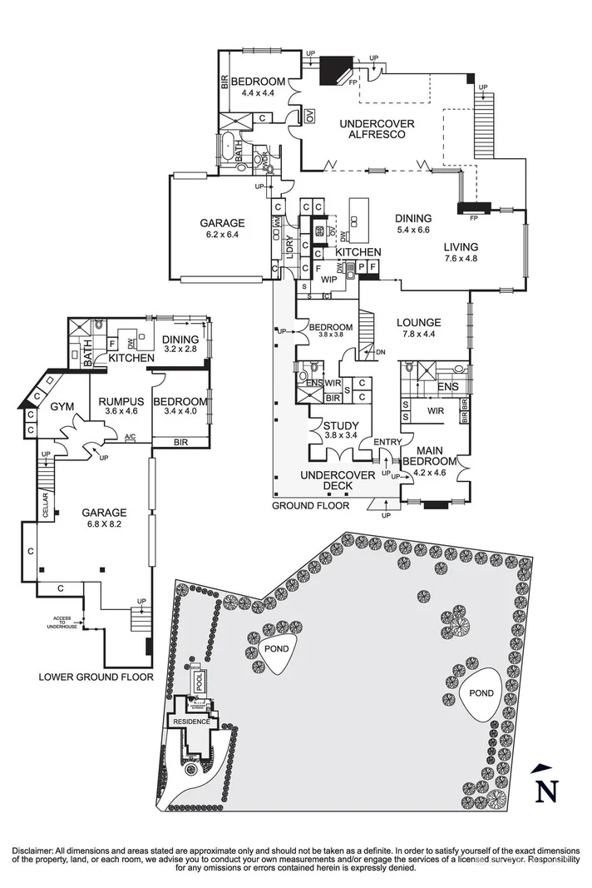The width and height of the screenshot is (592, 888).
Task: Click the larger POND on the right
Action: pos(481,692)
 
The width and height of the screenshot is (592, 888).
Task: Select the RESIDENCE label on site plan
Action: pos(191,721)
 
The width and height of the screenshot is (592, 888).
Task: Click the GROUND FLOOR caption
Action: pos(310,505)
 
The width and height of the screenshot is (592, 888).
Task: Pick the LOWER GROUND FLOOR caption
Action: pos(96,677)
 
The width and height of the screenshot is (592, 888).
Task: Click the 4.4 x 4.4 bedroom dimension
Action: pos(258,93)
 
